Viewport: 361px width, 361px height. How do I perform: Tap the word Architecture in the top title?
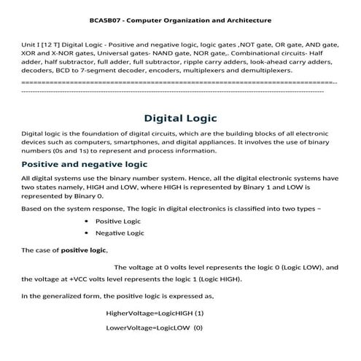[x=247, y=20]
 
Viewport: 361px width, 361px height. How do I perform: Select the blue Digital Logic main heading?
[x=180, y=118]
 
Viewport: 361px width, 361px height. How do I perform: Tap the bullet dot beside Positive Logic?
[x=87, y=220]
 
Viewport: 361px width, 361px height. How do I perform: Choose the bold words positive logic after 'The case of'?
[x=83, y=250]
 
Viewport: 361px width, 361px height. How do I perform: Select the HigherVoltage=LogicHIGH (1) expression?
[x=154, y=314]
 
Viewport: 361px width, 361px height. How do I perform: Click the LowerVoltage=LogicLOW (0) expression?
[x=154, y=328]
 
